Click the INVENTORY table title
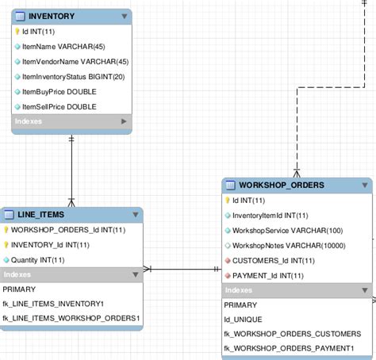[52, 16]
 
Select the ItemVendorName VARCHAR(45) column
[69, 61]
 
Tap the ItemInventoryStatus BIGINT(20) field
[73, 76]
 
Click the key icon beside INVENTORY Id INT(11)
[17, 32]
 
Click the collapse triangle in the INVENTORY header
[124, 16]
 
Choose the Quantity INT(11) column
[38, 259]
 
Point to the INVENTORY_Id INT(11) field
[50, 245]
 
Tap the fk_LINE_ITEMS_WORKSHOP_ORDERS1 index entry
[71, 318]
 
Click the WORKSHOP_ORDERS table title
[282, 186]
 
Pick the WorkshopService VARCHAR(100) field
[277, 230]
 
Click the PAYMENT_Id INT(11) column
[268, 275]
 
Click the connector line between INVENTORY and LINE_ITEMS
[72, 167]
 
